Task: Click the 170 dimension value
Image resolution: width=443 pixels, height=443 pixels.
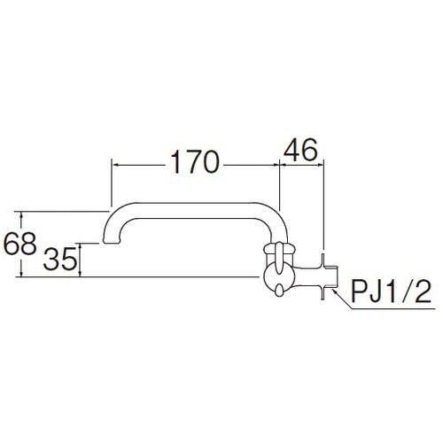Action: click(x=195, y=162)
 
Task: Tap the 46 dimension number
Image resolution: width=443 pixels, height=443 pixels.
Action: click(x=300, y=150)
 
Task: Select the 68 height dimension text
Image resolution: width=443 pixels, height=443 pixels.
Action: click(x=19, y=244)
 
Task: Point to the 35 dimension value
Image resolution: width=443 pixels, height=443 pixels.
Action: click(x=59, y=259)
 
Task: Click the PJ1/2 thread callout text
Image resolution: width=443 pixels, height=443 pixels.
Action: click(x=392, y=291)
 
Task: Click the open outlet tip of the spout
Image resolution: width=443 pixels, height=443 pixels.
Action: click(x=112, y=242)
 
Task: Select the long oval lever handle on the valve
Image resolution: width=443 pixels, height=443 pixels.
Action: click(x=279, y=257)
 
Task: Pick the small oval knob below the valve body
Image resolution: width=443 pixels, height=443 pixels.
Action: click(x=279, y=292)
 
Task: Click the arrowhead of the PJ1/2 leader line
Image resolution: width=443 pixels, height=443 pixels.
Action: click(x=334, y=291)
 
